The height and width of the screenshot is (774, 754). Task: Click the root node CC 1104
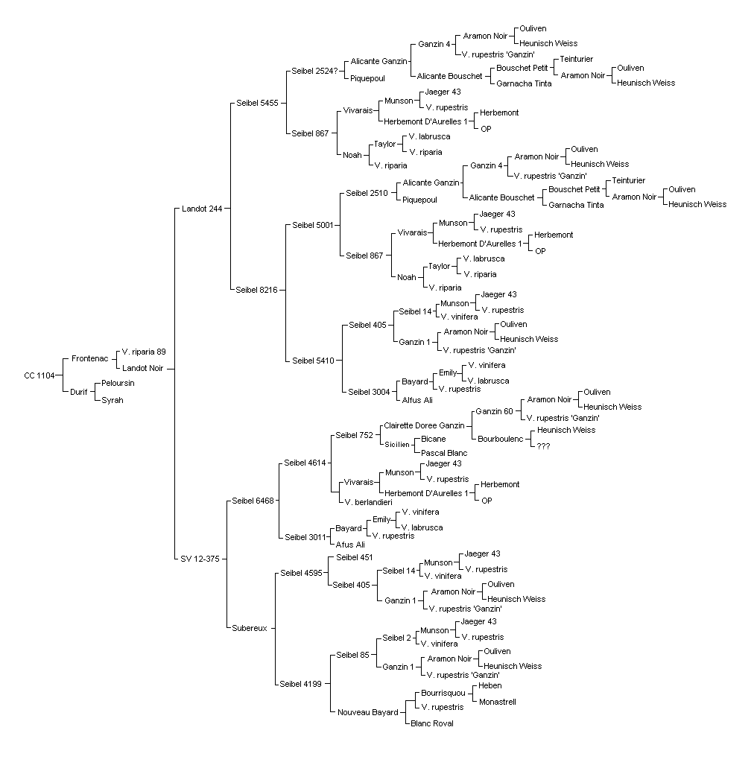pyautogui.click(x=39, y=375)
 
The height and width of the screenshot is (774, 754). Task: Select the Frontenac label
pyautogui.click(x=90, y=358)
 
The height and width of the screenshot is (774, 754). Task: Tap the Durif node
pyautogui.click(x=78, y=392)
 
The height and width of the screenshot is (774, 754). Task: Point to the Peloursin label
pyautogui.click(x=118, y=383)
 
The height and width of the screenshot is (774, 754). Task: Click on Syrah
pyautogui.click(x=113, y=400)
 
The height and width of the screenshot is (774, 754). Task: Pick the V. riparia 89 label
pyautogui.click(x=144, y=352)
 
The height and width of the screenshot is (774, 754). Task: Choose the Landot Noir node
pyautogui.click(x=143, y=368)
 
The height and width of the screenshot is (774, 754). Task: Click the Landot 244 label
pyautogui.click(x=202, y=209)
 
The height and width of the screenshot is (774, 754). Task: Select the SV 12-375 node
pyautogui.click(x=200, y=559)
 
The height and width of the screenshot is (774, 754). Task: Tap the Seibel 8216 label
pyautogui.click(x=257, y=290)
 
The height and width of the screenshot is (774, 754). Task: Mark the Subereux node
pyautogui.click(x=250, y=629)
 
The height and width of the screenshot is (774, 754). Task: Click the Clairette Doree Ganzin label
pyautogui.click(x=424, y=425)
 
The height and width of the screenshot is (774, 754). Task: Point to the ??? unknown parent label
pyautogui.click(x=543, y=446)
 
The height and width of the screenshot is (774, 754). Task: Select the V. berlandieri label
pyautogui.click(x=368, y=503)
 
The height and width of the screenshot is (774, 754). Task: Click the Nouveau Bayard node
pyautogui.click(x=368, y=712)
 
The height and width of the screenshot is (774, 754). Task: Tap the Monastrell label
pyautogui.click(x=497, y=702)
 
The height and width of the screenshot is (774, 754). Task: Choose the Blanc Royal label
pyautogui.click(x=432, y=723)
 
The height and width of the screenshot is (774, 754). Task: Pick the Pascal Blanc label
pyautogui.click(x=444, y=453)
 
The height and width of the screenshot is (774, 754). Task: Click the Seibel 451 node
pyautogui.click(x=355, y=557)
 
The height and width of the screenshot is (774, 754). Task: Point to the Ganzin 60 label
pyautogui.click(x=494, y=411)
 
